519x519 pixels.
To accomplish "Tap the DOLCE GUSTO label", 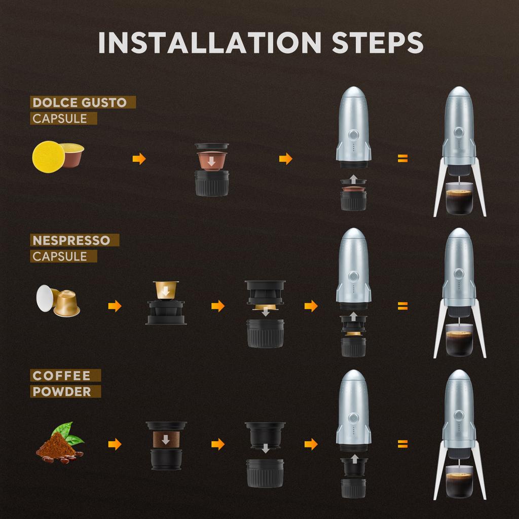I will point(79,102).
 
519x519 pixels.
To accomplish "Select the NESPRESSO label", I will point(71,240).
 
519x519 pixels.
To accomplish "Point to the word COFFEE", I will point(61,376).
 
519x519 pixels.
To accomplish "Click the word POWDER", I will point(62,391).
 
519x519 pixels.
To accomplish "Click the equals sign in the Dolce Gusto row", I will point(402,159).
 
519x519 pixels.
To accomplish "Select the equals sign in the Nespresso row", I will point(402,306).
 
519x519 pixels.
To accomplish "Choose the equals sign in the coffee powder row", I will point(402,444).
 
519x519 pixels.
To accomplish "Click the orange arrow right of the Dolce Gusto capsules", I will point(139,159).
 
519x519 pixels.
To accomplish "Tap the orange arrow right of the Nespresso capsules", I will point(115,306).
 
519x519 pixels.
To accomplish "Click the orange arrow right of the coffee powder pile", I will point(115,444).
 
